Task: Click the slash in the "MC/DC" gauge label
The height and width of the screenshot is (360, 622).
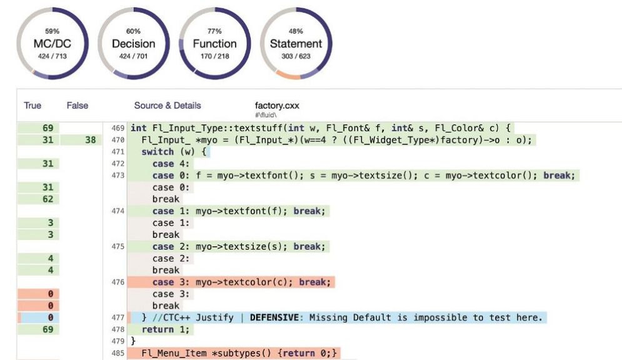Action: (x=52, y=44)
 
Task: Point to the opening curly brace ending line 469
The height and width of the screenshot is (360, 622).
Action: (x=508, y=128)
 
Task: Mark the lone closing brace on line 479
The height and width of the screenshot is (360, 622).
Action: (x=133, y=341)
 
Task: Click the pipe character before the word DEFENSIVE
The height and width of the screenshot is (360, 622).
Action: (x=242, y=317)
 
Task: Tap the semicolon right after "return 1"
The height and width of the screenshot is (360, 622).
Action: (x=188, y=329)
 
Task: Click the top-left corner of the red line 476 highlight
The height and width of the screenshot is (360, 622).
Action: (x=128, y=276)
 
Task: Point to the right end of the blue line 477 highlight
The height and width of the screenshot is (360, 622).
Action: (x=547, y=317)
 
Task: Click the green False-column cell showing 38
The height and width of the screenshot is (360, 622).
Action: (x=81, y=140)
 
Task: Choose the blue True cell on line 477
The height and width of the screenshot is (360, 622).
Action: (x=39, y=317)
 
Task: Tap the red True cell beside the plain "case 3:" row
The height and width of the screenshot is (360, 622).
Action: (x=38, y=294)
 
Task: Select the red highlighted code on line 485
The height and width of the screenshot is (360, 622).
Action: (x=234, y=353)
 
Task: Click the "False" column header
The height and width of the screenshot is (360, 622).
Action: (x=78, y=106)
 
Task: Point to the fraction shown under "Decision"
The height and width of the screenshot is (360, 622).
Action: (x=133, y=56)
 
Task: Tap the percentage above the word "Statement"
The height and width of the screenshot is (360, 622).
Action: (x=296, y=31)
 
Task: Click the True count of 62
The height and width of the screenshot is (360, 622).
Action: (x=48, y=199)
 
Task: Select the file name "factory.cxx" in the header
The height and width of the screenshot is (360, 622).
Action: (x=277, y=106)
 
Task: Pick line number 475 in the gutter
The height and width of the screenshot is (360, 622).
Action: (x=118, y=247)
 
